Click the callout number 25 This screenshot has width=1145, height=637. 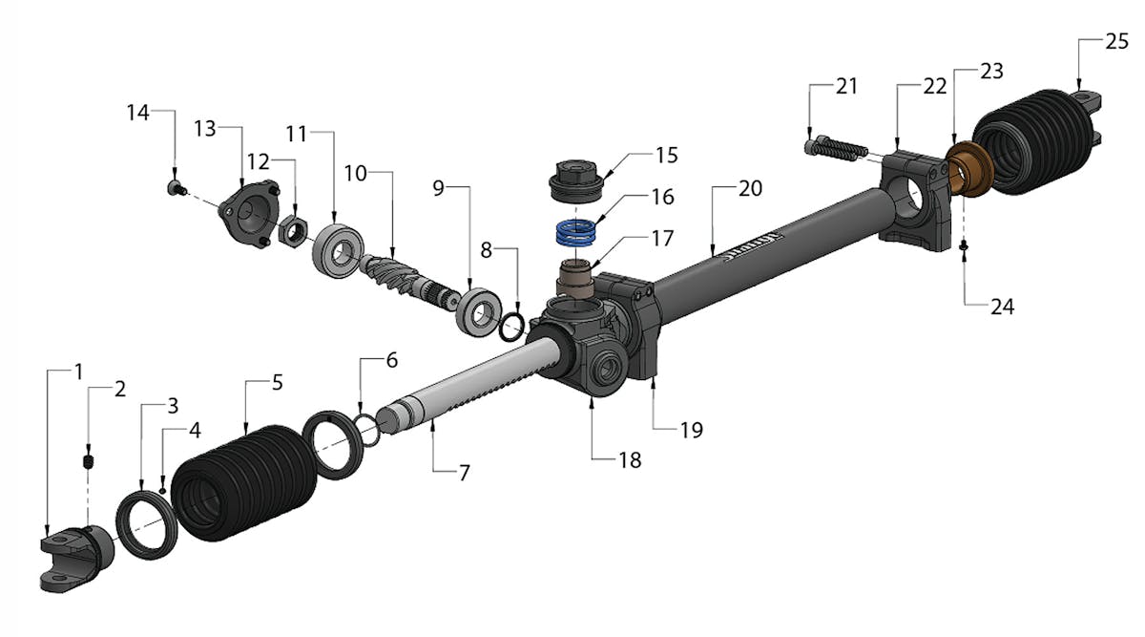pyautogui.click(x=1117, y=41)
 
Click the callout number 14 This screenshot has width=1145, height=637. pyautogui.click(x=138, y=113)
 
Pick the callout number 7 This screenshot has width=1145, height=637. pyautogui.click(x=464, y=473)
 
